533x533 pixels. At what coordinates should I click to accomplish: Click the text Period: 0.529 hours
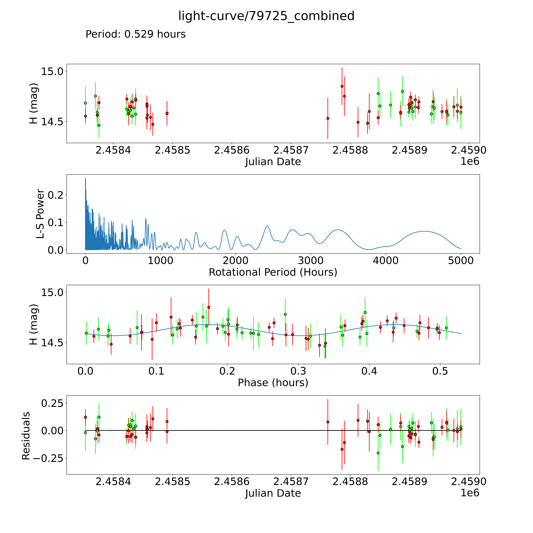(x=135, y=34)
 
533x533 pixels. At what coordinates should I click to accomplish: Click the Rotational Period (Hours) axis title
(x=273, y=272)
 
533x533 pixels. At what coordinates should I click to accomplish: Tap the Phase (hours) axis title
(x=273, y=383)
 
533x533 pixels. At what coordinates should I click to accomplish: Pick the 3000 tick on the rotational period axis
(x=311, y=261)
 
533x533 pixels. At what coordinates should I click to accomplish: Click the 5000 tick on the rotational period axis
(x=461, y=261)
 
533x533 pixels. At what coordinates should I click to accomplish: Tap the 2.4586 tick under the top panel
(x=232, y=150)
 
